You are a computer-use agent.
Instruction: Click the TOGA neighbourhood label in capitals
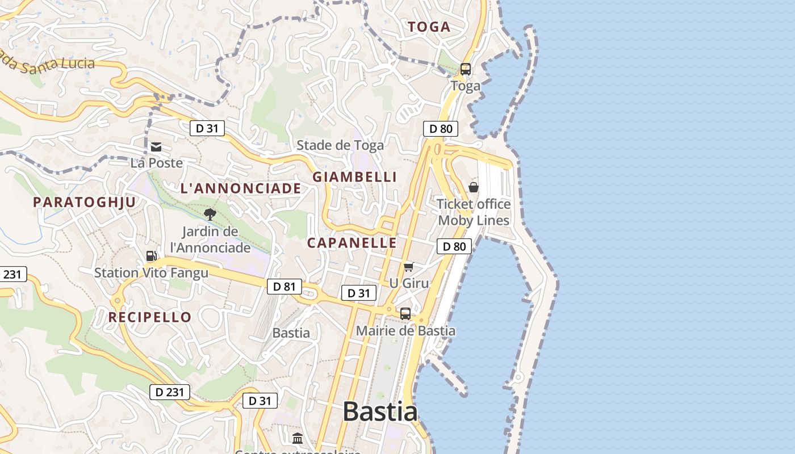[x=429, y=27]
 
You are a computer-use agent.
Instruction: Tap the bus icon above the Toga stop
[x=465, y=69]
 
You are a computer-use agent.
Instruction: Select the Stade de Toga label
[x=340, y=145]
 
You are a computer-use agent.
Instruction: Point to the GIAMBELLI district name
[x=354, y=177]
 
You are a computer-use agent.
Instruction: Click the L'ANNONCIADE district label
[x=241, y=188]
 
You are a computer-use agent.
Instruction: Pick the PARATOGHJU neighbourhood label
[x=85, y=202]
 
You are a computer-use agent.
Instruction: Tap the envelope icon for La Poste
[x=156, y=147]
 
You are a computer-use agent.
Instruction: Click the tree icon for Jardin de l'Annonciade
[x=210, y=215]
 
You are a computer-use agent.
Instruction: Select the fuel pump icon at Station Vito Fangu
[x=151, y=256]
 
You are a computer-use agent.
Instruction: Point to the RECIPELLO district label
[x=150, y=317]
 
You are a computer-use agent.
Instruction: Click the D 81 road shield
[x=284, y=287]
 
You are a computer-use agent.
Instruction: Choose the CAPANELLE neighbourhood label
[x=352, y=243]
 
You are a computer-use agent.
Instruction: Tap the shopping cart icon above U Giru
[x=408, y=267]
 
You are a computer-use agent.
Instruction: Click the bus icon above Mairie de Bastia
[x=405, y=313]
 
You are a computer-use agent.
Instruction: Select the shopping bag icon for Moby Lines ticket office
[x=473, y=187]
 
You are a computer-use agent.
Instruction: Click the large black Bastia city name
[x=380, y=411]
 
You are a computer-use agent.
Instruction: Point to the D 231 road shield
[x=170, y=392]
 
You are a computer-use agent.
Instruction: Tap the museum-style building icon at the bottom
[x=298, y=438]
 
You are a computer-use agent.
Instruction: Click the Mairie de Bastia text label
[x=405, y=330]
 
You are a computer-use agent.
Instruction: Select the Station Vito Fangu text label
[x=151, y=273]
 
